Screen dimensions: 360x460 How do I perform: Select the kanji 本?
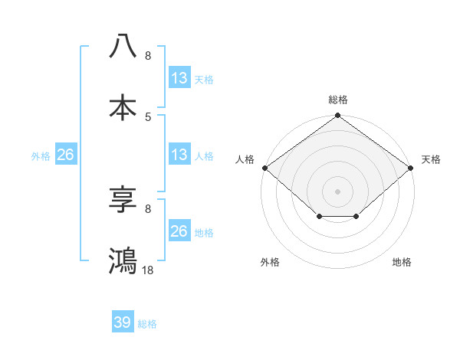point(123,106)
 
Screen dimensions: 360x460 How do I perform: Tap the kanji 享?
point(123,200)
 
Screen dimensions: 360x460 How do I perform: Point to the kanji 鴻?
point(123,260)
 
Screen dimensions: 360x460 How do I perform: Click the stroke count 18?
point(148,270)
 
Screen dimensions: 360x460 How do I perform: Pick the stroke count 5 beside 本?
point(148,116)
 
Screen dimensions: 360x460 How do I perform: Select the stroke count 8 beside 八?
point(148,56)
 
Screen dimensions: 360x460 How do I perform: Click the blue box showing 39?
point(123,322)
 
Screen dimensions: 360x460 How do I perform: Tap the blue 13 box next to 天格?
point(179,78)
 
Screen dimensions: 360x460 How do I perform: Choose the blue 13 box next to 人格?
point(179,155)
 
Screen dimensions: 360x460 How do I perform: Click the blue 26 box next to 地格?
point(179,231)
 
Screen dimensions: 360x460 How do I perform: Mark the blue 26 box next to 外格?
point(65,155)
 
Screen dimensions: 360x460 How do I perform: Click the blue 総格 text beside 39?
point(147,324)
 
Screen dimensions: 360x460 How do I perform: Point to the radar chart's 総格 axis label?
point(338,100)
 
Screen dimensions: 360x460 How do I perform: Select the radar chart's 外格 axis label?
point(270,262)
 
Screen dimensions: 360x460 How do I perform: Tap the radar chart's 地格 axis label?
point(402,262)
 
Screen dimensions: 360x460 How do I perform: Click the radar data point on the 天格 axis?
point(412,168)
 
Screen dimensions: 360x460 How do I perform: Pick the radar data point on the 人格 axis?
point(264,168)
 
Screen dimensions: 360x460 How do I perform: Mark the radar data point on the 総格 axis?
point(338,116)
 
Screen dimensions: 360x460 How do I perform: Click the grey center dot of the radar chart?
point(338,191)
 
